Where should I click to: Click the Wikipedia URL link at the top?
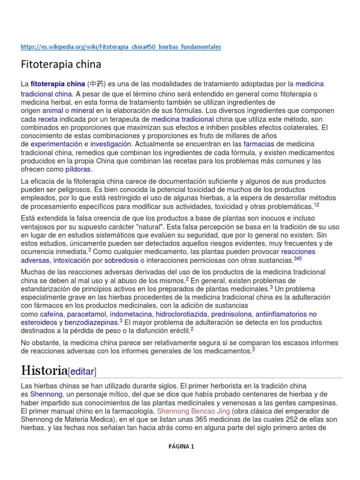(121, 47)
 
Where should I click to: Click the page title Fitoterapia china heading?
(61, 64)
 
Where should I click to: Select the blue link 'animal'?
(52, 111)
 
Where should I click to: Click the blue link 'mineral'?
(82, 111)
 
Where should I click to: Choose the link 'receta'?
(47, 119)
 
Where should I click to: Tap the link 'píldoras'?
(78, 169)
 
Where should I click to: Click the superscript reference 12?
(316, 204)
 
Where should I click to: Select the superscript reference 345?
(298, 258)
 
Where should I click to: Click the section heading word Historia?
(44, 370)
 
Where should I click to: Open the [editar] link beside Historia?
(82, 372)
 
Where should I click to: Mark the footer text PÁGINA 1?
(181, 447)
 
